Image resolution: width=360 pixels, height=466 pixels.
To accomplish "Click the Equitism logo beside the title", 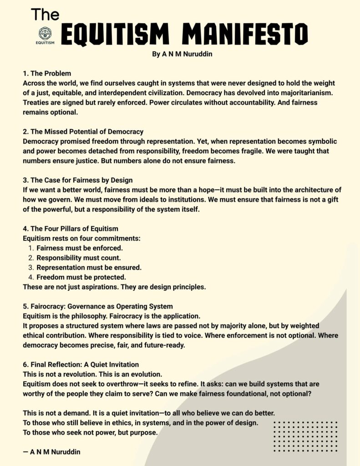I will click(x=45, y=35).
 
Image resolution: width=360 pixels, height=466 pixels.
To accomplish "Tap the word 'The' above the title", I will click(x=45, y=15).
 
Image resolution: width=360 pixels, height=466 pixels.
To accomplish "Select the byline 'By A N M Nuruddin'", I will click(x=180, y=54).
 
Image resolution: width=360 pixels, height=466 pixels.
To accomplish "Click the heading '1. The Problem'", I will click(x=47, y=73).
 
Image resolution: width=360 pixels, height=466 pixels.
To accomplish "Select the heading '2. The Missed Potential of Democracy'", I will click(x=83, y=132).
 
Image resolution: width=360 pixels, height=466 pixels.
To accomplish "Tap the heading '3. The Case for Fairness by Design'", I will click(x=77, y=180).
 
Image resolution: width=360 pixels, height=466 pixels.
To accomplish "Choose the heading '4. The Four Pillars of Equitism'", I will click(x=71, y=229).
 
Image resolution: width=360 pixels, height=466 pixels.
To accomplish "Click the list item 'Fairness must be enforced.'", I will click(x=80, y=248).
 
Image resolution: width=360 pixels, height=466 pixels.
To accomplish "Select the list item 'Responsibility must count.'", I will click(x=79, y=258).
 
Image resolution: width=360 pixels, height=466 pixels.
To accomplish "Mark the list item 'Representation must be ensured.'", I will click(x=89, y=268).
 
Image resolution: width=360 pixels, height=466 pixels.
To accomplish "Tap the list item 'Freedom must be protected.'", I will click(x=81, y=277).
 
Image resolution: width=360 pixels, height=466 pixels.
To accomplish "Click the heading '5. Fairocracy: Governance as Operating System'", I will click(x=97, y=307).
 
